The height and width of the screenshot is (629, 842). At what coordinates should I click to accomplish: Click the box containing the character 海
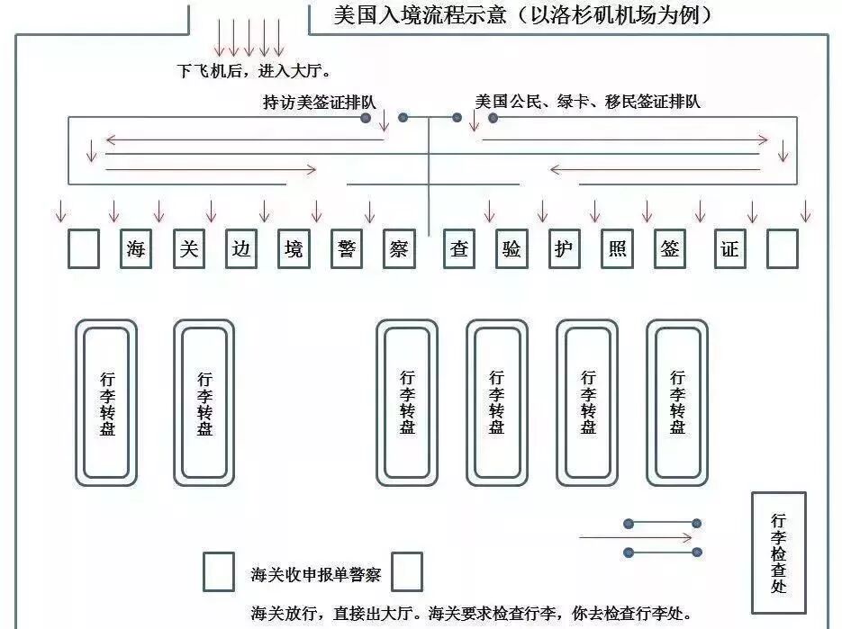[x=136, y=249]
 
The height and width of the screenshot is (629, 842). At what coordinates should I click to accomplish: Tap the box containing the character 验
[x=512, y=249]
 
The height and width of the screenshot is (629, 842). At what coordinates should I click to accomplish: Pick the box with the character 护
[x=564, y=249]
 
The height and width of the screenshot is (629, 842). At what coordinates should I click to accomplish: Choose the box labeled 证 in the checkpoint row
[x=729, y=249]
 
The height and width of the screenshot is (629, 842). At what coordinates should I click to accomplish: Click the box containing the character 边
[x=240, y=249]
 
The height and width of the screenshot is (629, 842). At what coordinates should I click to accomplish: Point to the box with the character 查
[x=459, y=249]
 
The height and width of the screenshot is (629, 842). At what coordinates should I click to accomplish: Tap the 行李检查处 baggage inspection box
[x=778, y=553]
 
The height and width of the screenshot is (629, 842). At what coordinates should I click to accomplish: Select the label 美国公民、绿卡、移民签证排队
[x=587, y=102]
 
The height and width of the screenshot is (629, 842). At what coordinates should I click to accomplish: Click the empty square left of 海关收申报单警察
[x=218, y=571]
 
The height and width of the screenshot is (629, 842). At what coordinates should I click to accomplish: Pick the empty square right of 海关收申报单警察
[x=407, y=571]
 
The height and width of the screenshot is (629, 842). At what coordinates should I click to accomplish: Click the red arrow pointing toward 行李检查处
[x=636, y=538]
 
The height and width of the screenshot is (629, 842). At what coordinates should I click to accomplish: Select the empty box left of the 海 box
[x=84, y=249]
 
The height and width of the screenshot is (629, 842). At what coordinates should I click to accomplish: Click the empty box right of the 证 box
[x=783, y=249]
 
